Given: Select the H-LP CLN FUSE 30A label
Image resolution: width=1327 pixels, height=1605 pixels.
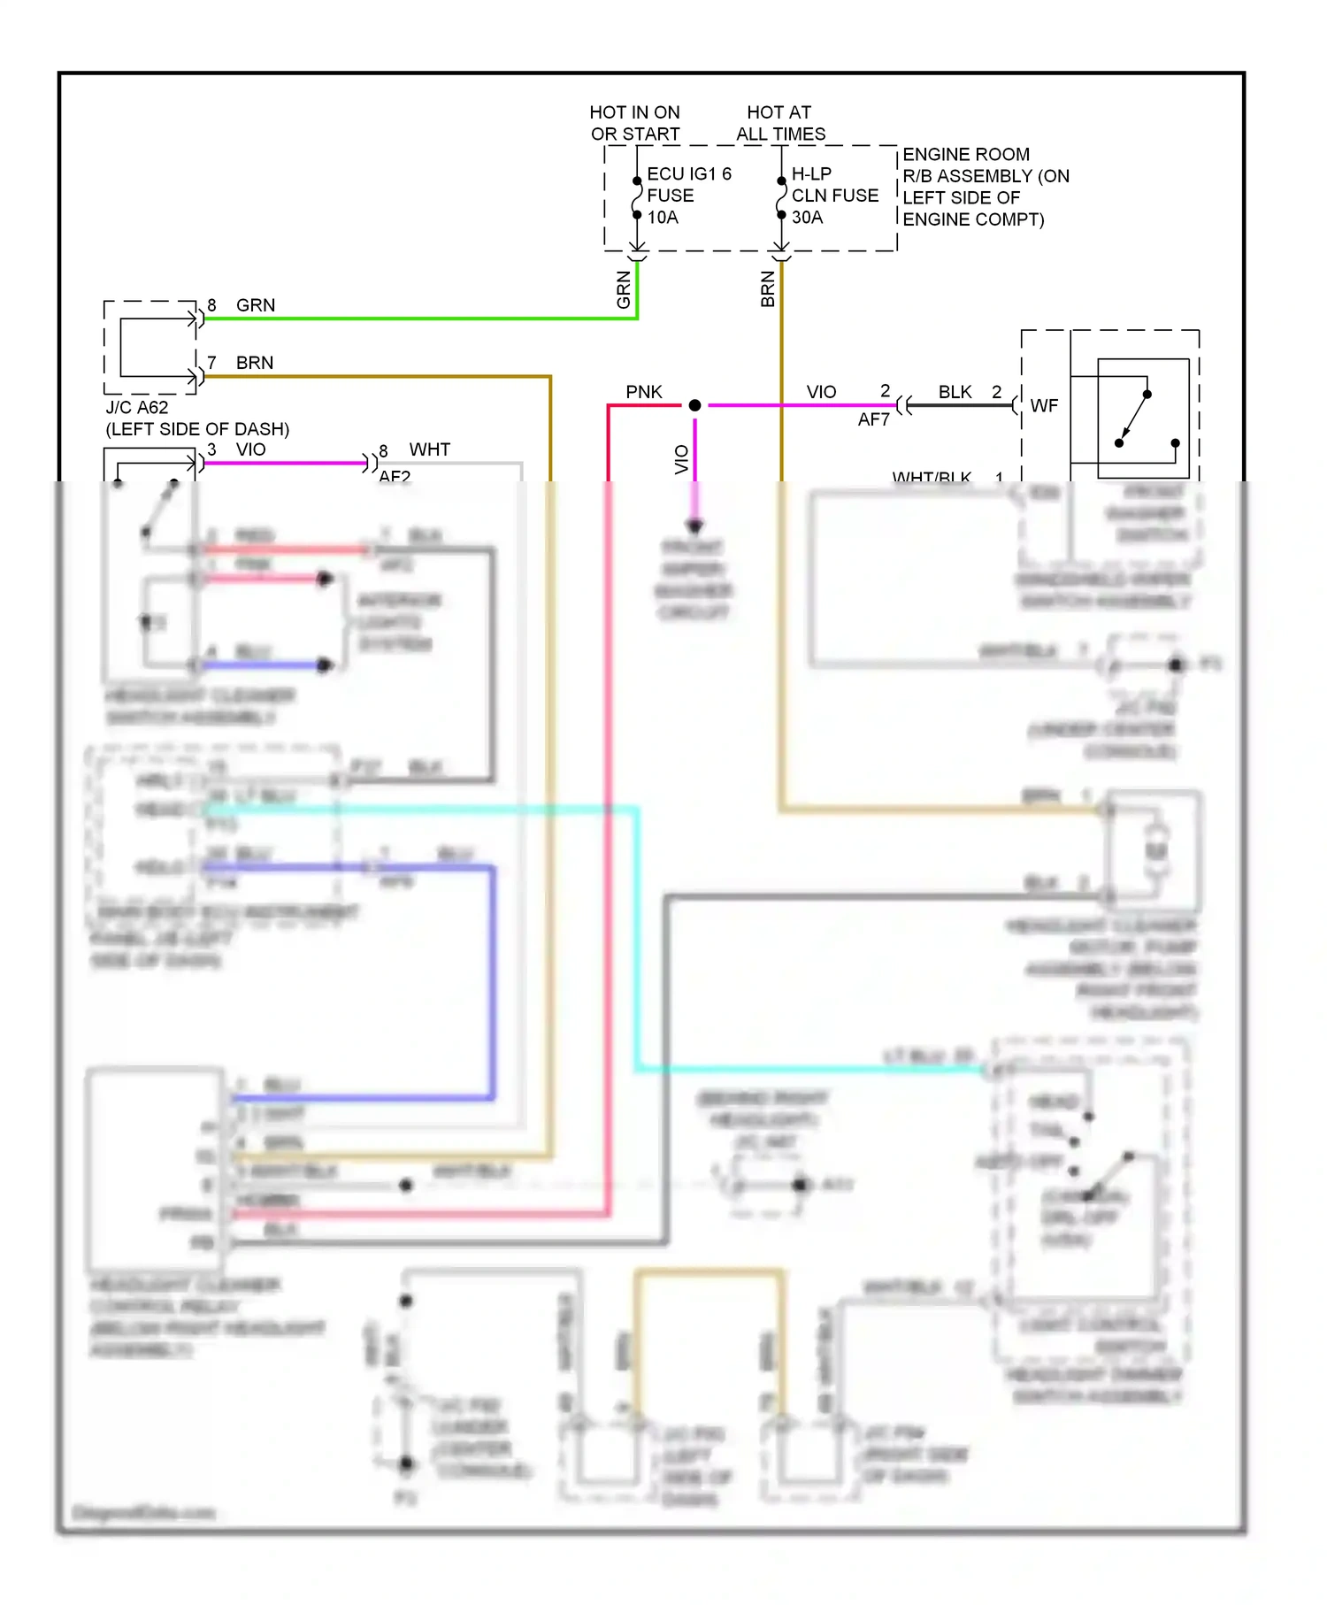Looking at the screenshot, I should [834, 195].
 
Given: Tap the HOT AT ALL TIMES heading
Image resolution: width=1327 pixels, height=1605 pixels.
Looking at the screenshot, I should [779, 123].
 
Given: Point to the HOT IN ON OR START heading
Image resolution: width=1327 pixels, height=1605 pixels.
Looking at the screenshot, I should [634, 123].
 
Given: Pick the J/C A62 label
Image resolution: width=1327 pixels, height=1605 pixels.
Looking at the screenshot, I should [137, 407].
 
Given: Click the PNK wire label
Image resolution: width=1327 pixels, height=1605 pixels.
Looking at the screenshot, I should [643, 392].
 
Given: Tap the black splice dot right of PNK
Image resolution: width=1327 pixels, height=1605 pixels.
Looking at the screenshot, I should [695, 405].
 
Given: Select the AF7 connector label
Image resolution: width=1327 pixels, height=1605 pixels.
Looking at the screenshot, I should [873, 419].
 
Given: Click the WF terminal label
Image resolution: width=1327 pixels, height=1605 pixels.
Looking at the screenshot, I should [1044, 405].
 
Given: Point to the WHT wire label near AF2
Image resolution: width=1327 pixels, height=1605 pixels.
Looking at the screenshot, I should [429, 449].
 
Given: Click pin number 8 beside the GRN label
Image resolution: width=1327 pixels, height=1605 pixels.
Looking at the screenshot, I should [211, 305].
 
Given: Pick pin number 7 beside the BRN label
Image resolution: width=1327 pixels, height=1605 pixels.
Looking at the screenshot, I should [211, 363].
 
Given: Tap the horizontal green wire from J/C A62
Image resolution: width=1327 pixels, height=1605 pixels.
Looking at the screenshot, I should [416, 319].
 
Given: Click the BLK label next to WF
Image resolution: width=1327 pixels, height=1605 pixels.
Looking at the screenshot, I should [955, 392].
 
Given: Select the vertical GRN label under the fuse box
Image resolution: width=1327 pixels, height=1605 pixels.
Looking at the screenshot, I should [624, 290].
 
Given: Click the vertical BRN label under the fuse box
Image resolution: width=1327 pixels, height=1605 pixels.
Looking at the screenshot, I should [768, 290].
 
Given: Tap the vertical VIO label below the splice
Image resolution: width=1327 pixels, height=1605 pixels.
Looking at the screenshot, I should [681, 459].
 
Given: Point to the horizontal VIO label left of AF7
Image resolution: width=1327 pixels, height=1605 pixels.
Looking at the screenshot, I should [821, 392].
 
